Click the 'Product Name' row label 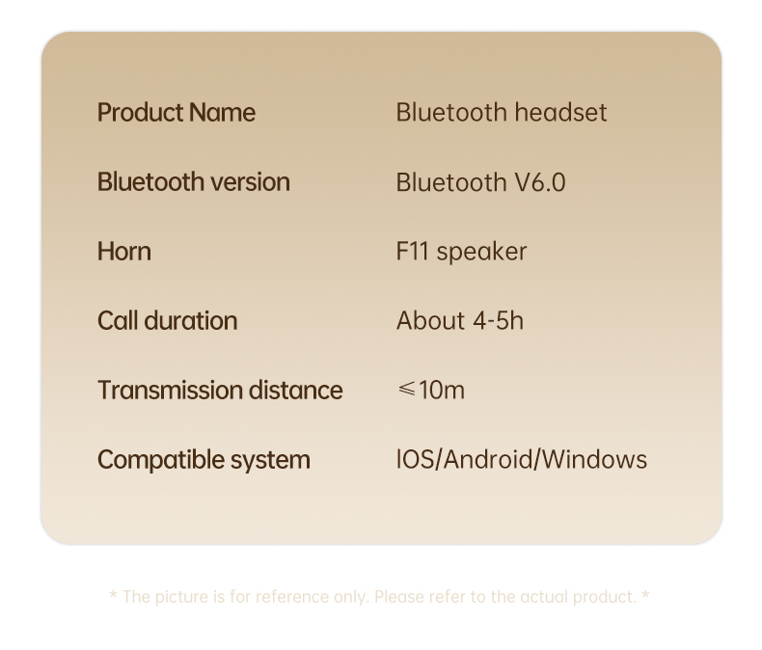pyautogui.click(x=177, y=113)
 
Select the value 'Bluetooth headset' pyautogui.click(x=502, y=113)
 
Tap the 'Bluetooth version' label pyautogui.click(x=194, y=182)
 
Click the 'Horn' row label pyautogui.click(x=123, y=252)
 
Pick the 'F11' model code pyautogui.click(x=412, y=252)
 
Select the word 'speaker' pyautogui.click(x=481, y=253)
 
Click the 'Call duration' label pyautogui.click(x=167, y=321)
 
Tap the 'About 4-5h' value pyautogui.click(x=460, y=321)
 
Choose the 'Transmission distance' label pyautogui.click(x=220, y=391)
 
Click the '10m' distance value pyautogui.click(x=442, y=391)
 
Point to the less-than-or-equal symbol pyautogui.click(x=406, y=389)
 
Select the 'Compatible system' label pyautogui.click(x=204, y=460)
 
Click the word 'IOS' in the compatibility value pyautogui.click(x=416, y=460)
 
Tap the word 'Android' pyautogui.click(x=488, y=460)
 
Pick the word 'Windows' pyautogui.click(x=594, y=460)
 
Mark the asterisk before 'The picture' pyautogui.click(x=113, y=596)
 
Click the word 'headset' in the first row pyautogui.click(x=560, y=113)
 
